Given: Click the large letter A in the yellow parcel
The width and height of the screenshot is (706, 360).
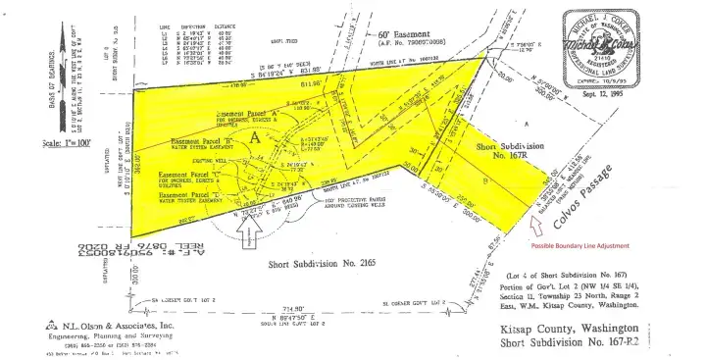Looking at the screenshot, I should click(x=255, y=138).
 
